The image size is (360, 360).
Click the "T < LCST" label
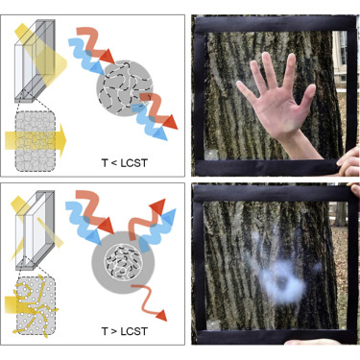pyautogui.click(x=125, y=163)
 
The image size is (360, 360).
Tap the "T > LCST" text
pyautogui.click(x=125, y=331)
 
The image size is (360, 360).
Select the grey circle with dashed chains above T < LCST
pyautogui.click(x=125, y=88)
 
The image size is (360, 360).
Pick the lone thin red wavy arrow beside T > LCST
pyautogui.click(x=150, y=300)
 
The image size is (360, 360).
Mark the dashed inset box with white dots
pyautogui.click(x=36, y=306)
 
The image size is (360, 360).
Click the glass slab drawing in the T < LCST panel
pyautogui.click(x=35, y=60)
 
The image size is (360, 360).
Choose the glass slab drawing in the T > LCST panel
pyautogui.click(x=36, y=230)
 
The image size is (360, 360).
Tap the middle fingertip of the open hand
pyautogui.click(x=266, y=57)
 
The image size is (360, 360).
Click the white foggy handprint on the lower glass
pyautogui.click(x=278, y=272)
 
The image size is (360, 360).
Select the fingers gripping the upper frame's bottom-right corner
pyautogui.click(x=348, y=162)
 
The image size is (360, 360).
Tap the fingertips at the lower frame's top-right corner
pyautogui.click(x=355, y=189)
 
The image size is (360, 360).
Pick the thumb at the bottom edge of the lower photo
pyautogui.click(x=312, y=342)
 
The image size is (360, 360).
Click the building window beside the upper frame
pyautogui.click(x=343, y=47)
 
